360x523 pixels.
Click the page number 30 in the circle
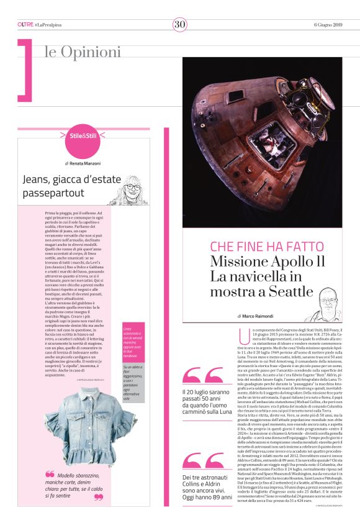coord(179,24)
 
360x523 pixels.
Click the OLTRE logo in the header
coord(25,24)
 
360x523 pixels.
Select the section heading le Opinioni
coord(82,52)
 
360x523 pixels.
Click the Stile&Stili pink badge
coord(83,135)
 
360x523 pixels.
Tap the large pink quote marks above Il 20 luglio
coord(202,375)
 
